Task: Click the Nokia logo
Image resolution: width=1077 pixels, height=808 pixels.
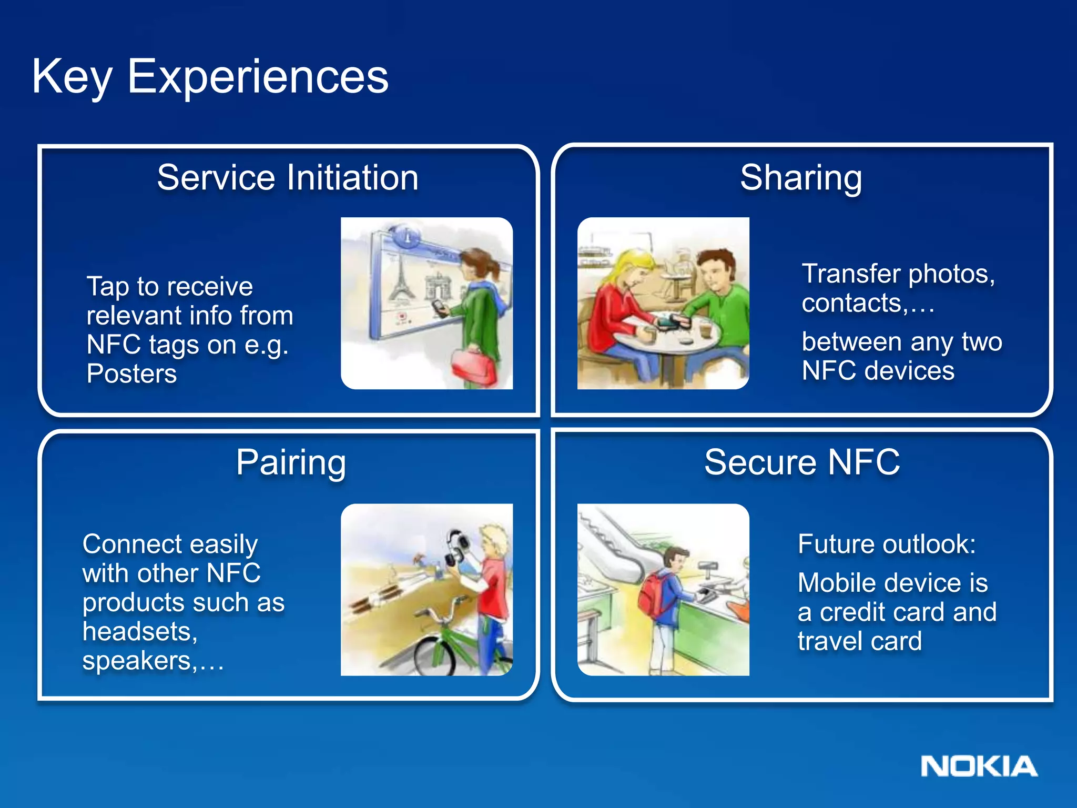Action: pyautogui.click(x=979, y=766)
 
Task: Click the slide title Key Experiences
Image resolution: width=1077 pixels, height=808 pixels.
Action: pyautogui.click(x=210, y=77)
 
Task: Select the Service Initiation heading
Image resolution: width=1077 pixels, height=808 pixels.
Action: pyautogui.click(x=288, y=177)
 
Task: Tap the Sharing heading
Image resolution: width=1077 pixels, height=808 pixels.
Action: pyautogui.click(x=801, y=177)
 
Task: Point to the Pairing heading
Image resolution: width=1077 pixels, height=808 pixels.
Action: pyautogui.click(x=291, y=462)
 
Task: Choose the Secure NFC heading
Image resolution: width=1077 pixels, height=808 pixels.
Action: pyautogui.click(x=802, y=462)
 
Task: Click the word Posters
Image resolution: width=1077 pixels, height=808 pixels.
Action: pyautogui.click(x=131, y=373)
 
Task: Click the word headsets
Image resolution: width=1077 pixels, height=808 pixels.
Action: pyautogui.click(x=139, y=631)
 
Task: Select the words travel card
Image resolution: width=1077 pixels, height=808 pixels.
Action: pyautogui.click(x=859, y=641)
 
